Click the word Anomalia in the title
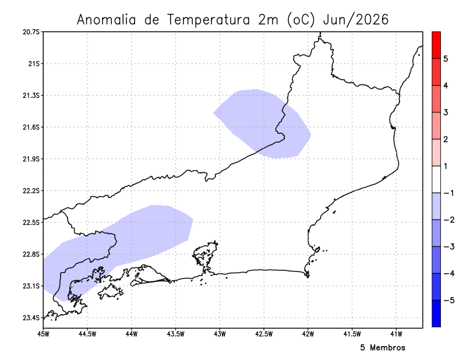[x=107, y=20]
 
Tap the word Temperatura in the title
[x=209, y=20]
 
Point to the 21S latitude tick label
[x=33, y=63]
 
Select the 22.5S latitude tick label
[x=31, y=223]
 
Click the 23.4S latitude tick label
[x=31, y=318]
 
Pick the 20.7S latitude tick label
[x=31, y=31]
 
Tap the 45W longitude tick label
[x=43, y=334]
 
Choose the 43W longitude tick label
[x=220, y=334]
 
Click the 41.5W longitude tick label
[x=352, y=334]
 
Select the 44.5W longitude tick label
[x=87, y=334]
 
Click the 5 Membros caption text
[x=382, y=348]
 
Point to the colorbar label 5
[x=445, y=59]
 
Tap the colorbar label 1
[x=445, y=166]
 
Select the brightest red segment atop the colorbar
[x=436, y=44]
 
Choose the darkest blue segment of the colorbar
[x=436, y=313]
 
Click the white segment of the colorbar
[x=436, y=179]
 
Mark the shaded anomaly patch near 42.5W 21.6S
[x=262, y=122]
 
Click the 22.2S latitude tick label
[x=31, y=191]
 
